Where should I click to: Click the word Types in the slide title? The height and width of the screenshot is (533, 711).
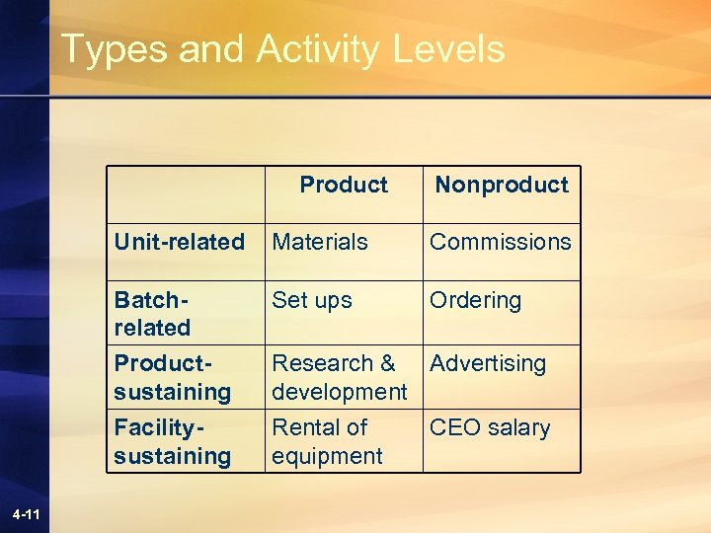(x=114, y=48)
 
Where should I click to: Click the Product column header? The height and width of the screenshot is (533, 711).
(x=344, y=185)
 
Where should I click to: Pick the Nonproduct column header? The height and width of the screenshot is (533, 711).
(x=502, y=185)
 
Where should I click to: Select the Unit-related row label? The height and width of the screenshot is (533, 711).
(x=179, y=242)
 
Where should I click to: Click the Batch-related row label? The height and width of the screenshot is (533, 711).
(x=153, y=313)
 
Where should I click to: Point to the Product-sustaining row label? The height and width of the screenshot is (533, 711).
(x=172, y=377)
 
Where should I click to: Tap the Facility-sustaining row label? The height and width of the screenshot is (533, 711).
(x=172, y=441)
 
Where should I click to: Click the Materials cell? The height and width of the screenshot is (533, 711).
(x=320, y=242)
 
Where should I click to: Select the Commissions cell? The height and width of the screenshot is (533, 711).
(x=500, y=242)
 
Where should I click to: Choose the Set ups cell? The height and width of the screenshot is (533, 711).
(x=312, y=300)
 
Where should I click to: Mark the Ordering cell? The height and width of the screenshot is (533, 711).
(x=475, y=300)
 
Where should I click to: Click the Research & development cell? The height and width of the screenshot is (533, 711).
(x=339, y=377)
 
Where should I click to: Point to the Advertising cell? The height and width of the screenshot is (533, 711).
(x=488, y=363)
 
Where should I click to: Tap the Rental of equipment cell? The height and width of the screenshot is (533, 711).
(x=327, y=441)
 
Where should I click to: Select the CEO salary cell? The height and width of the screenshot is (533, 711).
(x=490, y=427)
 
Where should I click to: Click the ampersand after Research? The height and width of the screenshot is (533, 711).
(x=386, y=363)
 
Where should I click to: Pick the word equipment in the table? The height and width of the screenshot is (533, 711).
(x=327, y=456)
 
